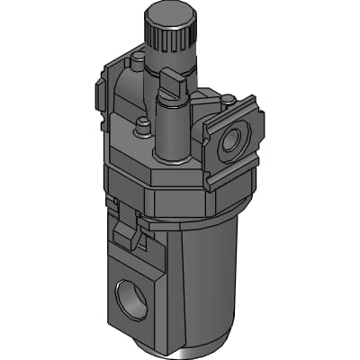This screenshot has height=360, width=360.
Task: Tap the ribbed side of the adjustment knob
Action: (x=169, y=40)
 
